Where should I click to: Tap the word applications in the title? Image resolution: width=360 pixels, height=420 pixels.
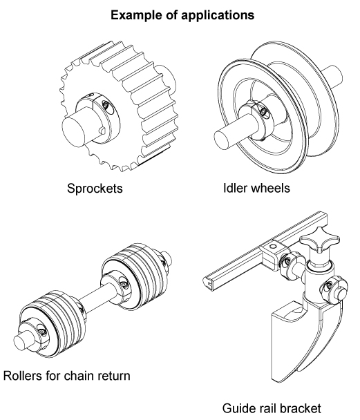[218, 15]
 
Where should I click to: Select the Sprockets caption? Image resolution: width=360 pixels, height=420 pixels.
[95, 189]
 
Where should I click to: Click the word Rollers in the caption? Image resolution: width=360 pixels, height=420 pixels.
[23, 376]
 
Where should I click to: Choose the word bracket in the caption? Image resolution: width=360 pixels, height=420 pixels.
[299, 408]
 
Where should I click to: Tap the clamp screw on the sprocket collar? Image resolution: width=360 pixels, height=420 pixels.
[106, 105]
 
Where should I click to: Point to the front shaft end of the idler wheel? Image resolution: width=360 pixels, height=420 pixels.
[222, 139]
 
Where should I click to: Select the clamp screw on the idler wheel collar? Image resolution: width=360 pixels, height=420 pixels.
[263, 111]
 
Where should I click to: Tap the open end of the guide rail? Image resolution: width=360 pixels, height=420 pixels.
[211, 283]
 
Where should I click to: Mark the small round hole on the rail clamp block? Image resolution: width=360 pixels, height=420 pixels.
[273, 247]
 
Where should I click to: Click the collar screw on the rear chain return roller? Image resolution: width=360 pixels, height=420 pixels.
[123, 284]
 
